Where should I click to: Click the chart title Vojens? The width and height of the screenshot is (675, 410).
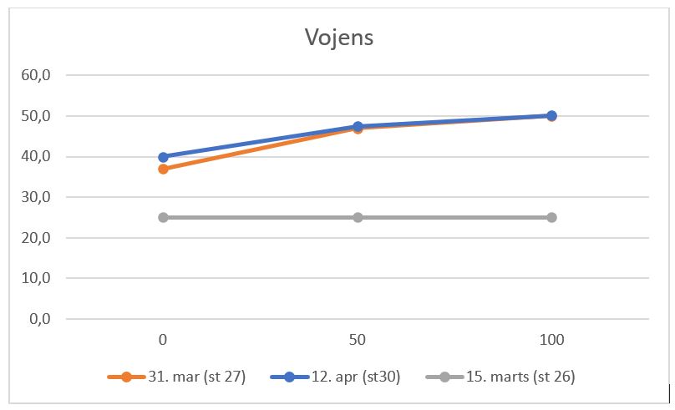337,38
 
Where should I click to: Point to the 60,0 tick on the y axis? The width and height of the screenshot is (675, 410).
37,75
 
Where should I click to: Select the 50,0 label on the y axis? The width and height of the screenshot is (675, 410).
37,116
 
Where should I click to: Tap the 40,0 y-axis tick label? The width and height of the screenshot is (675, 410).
37,157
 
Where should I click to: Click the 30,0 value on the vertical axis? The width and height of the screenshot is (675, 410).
37,197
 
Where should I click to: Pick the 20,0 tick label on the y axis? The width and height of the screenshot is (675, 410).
37,238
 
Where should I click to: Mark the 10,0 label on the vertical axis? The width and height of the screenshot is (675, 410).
37,278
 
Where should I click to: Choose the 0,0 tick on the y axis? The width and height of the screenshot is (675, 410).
40,319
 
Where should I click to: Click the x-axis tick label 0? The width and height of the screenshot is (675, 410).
163,340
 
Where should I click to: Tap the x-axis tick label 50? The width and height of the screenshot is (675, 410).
358,340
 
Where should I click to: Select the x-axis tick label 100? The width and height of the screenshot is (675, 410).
551,340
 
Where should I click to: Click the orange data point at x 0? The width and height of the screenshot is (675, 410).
163,169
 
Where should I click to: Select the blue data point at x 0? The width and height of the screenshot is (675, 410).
163,157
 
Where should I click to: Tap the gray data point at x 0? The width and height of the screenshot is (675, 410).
163,218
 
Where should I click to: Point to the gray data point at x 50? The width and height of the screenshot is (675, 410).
358,218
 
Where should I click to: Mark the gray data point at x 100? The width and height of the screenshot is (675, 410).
551,218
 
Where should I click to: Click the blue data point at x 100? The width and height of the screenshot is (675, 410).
551,116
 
